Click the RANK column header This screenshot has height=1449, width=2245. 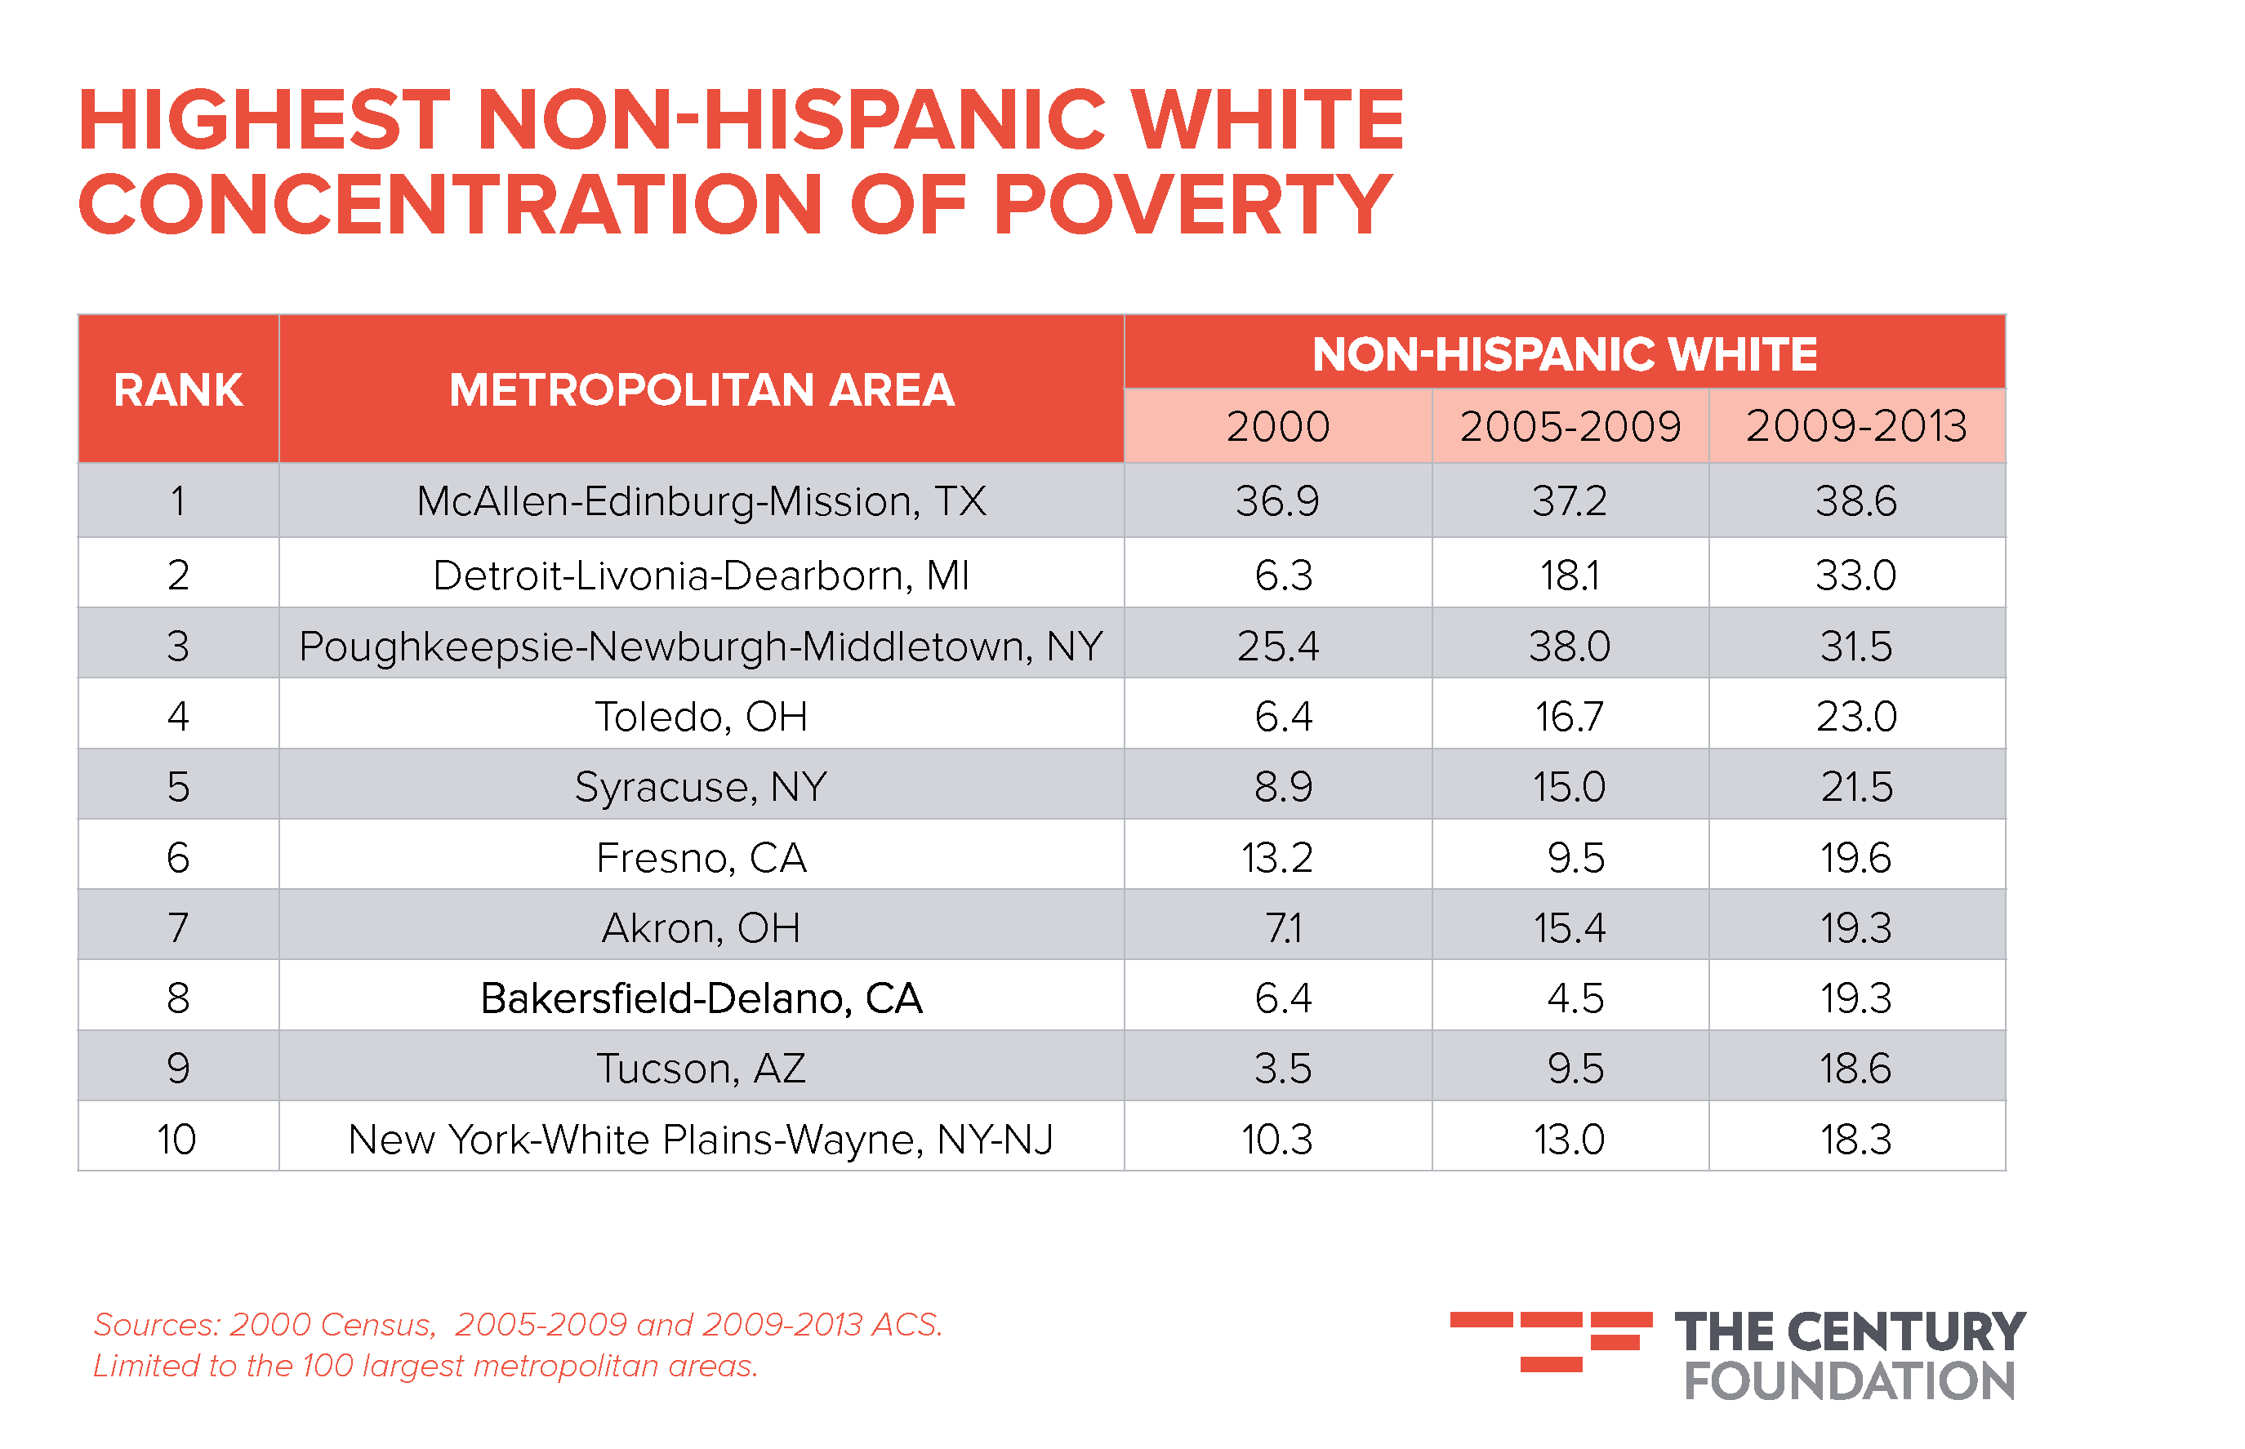[x=178, y=389]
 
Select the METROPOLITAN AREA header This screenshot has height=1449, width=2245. [x=702, y=389]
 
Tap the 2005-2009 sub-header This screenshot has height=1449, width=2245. [x=1569, y=426]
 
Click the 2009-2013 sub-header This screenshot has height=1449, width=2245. [x=1856, y=426]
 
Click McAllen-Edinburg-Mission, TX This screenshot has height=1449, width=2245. [x=702, y=500]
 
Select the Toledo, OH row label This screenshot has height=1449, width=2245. [x=702, y=716]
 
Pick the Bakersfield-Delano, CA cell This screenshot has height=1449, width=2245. [x=702, y=998]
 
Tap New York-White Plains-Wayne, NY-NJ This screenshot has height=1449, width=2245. [x=702, y=1140]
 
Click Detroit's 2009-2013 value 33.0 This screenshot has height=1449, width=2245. [x=1855, y=575]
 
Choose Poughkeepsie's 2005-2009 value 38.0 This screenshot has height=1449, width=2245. [x=1569, y=647]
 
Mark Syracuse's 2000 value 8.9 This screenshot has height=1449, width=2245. [x=1282, y=787]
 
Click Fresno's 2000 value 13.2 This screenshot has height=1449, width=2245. [x=1276, y=857]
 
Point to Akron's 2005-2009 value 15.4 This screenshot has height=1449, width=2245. [x=1569, y=927]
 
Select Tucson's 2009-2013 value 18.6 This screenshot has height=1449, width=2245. [x=1855, y=1069]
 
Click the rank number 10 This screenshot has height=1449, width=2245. [x=177, y=1140]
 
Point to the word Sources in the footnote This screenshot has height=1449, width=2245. [x=155, y=1325]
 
